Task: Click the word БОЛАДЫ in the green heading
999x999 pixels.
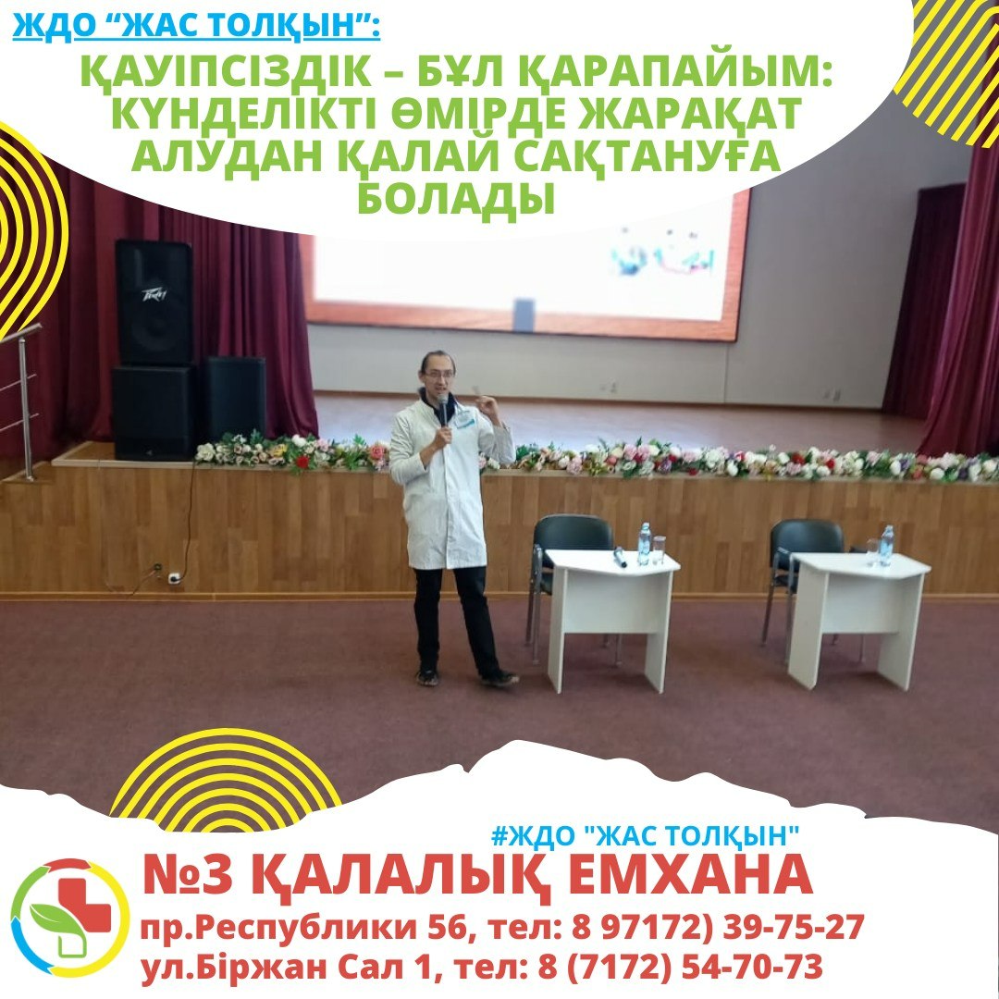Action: tap(455, 199)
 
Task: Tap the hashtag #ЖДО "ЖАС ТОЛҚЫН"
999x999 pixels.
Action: tap(646, 835)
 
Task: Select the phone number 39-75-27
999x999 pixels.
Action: tap(794, 927)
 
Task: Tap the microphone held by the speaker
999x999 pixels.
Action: tap(443, 409)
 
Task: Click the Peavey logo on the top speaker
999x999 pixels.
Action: tap(154, 295)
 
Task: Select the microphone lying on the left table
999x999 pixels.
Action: tap(619, 557)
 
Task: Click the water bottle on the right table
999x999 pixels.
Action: tap(886, 546)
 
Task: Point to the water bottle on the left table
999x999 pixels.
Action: tap(644, 544)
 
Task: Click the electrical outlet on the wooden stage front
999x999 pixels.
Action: tap(173, 577)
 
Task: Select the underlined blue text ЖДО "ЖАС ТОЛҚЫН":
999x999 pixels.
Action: tap(196, 27)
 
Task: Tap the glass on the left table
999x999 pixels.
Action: tap(659, 550)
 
